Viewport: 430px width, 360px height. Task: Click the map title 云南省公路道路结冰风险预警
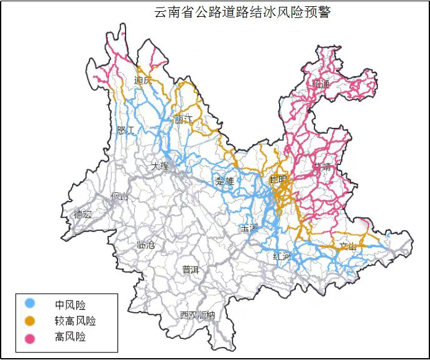coord(242,12)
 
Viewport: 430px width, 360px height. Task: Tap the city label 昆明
coord(279,180)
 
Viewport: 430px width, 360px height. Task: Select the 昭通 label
coord(322,83)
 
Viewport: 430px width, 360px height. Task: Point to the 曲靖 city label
coord(322,166)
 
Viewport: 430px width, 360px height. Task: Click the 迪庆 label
coord(144,81)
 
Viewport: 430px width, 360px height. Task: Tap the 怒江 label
coord(126,130)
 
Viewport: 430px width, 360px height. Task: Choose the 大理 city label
coord(160,166)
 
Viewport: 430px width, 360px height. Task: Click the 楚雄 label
coord(224,181)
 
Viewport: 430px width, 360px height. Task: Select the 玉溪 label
coord(249,228)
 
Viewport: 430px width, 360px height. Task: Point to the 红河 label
coord(281,256)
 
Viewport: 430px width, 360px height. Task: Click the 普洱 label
coord(191,269)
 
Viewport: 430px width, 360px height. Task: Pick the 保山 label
coord(119,197)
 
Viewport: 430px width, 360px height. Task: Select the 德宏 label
coord(83,214)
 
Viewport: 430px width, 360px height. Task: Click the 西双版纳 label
coord(197,315)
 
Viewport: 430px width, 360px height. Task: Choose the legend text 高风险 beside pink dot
coord(70,337)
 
